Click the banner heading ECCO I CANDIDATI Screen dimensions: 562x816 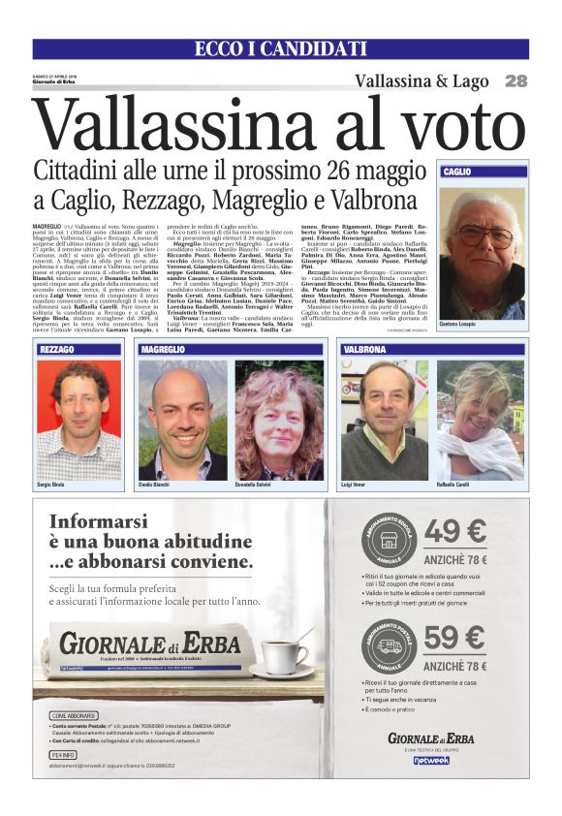point(280,49)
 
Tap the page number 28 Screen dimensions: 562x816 point(515,81)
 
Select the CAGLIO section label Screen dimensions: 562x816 point(457,172)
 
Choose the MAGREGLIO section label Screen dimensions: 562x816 point(163,349)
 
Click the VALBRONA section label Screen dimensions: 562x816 point(364,349)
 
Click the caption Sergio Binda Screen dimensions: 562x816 point(52,483)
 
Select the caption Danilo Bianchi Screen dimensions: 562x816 point(155,483)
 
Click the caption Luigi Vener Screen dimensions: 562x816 point(355,483)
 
